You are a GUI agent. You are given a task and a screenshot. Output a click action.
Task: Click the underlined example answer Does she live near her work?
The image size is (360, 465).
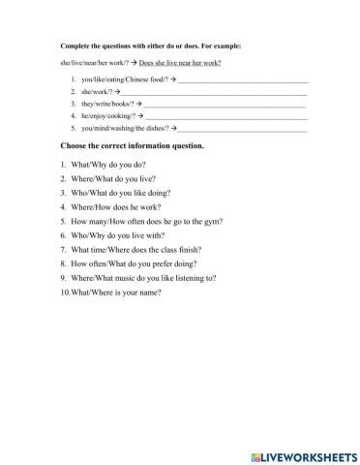point(181,62)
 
